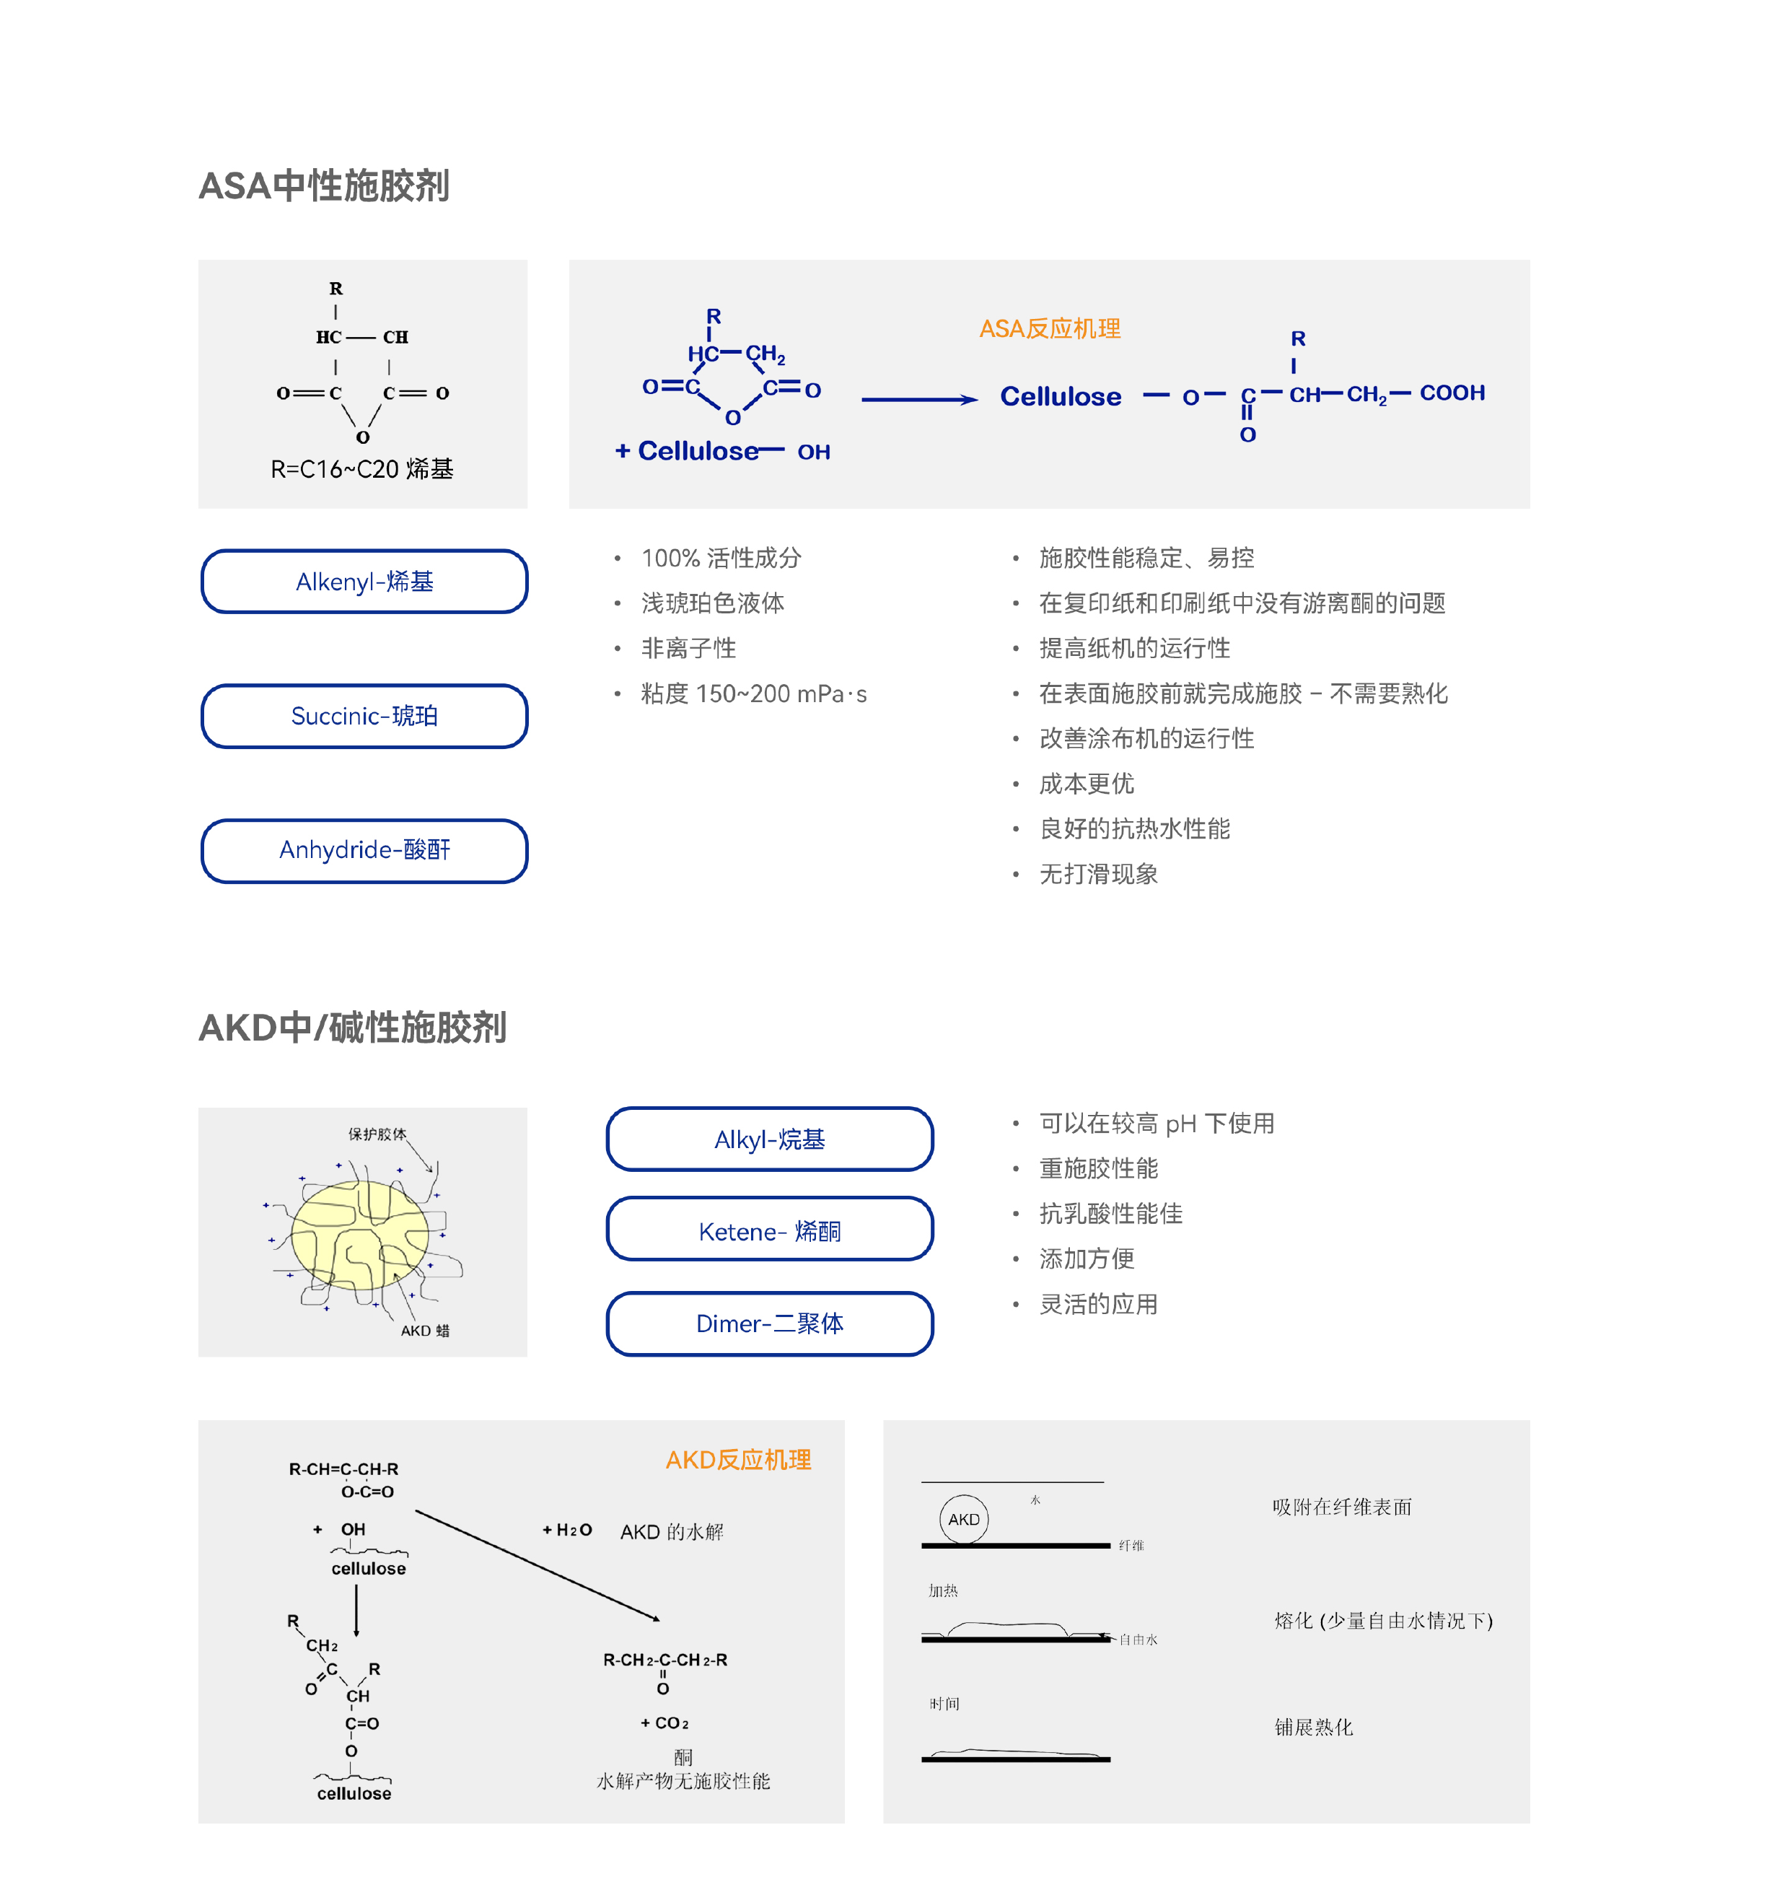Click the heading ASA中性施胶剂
tap(323, 186)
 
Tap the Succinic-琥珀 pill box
tap(364, 716)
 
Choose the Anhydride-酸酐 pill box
tap(364, 850)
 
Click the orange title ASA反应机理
tap(1050, 329)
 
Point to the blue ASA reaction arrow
tap(920, 400)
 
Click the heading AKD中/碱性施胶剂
tap(352, 1028)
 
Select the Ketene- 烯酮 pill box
tap(770, 1229)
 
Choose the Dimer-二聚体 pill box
tap(770, 1323)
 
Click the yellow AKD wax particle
tap(361, 1235)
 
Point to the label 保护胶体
tap(377, 1134)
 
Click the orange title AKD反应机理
tap(739, 1460)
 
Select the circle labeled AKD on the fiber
tap(964, 1519)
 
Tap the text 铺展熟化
tap(1314, 1727)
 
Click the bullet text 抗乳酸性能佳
tap(1110, 1214)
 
